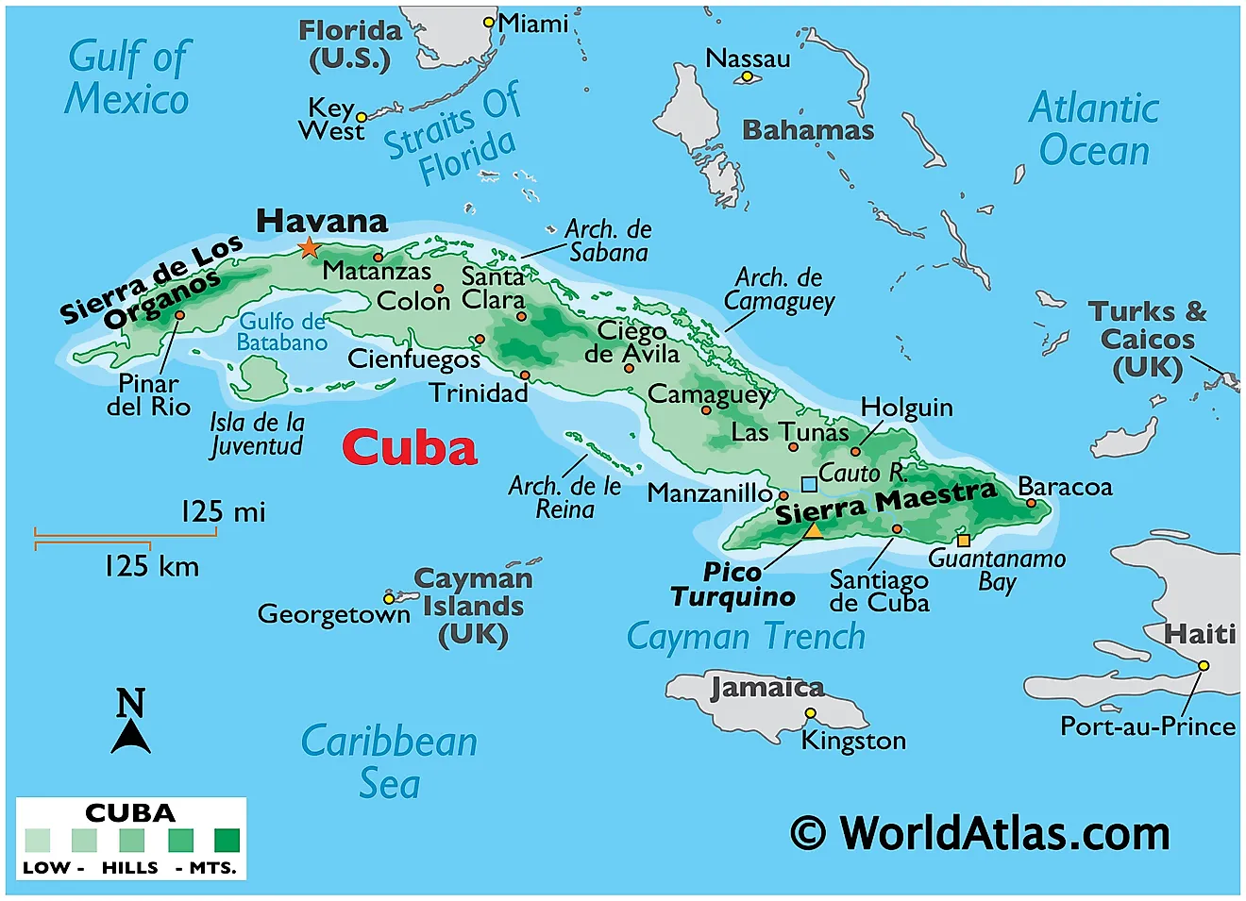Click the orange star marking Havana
coord(309,248)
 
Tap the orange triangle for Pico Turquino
coord(813,530)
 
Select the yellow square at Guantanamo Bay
coord(963,541)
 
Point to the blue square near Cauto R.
coord(809,484)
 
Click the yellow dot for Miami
coord(489,22)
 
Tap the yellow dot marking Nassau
coord(747,76)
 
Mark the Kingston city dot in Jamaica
coord(810,712)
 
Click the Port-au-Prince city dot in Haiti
coord(1204,665)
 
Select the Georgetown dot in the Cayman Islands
coord(388,599)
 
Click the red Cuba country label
coord(410,448)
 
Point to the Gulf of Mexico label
coord(127,77)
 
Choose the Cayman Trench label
coord(746,637)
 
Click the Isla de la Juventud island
coord(258,376)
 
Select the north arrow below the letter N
coord(130,738)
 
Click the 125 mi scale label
coord(223,512)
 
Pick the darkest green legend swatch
coord(227,840)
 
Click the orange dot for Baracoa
coord(1031,503)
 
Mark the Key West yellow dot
coord(361,118)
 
